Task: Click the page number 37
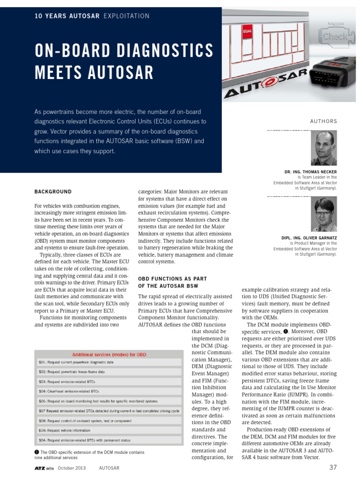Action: pos(333,468)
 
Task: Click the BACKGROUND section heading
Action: pos(53,191)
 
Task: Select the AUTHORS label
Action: pos(323,121)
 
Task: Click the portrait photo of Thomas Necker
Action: pos(324,148)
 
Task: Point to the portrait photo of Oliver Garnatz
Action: pos(324,214)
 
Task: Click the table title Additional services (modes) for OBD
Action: pos(109,354)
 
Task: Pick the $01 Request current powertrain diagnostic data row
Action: pos(109,363)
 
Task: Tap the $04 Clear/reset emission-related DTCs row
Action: pos(109,391)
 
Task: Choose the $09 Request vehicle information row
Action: pos(109,431)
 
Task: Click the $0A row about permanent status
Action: pos(109,440)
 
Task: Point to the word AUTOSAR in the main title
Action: pos(120,73)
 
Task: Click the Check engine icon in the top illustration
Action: pos(335,36)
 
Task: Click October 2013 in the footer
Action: pos(72,468)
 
